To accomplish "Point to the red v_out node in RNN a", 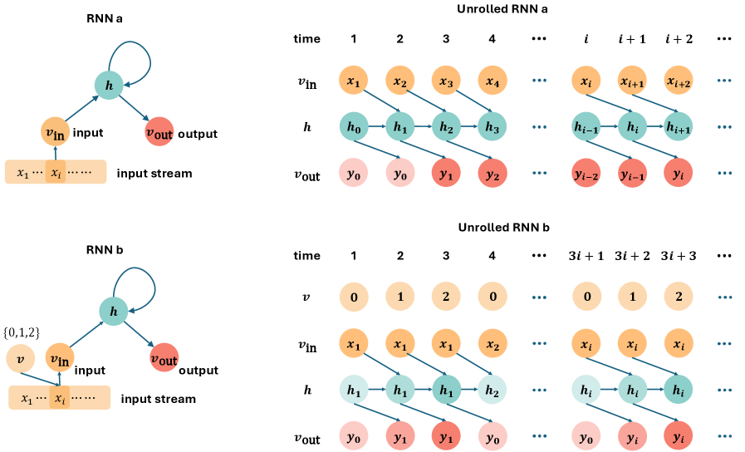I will [x=159, y=132].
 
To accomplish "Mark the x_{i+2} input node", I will [x=679, y=81].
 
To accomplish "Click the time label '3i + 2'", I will [x=633, y=256].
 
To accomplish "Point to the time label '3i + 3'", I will [x=679, y=256].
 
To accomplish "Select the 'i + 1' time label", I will [x=633, y=39].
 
